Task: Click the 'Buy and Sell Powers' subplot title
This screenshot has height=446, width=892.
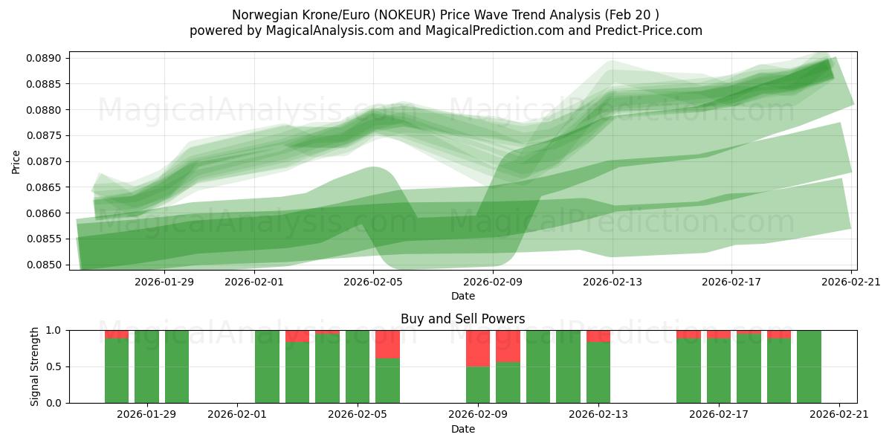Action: (x=462, y=319)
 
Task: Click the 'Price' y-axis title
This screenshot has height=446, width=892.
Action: (x=16, y=161)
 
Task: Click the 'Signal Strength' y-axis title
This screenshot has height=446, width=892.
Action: (x=35, y=366)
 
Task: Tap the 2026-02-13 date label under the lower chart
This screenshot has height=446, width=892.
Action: (x=598, y=414)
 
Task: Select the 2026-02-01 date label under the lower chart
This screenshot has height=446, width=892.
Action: (x=237, y=414)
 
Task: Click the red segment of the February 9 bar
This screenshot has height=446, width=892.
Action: (x=478, y=349)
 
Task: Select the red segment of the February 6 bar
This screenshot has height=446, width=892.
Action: (x=387, y=344)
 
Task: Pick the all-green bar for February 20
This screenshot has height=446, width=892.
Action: (x=809, y=366)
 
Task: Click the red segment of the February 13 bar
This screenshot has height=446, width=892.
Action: (x=598, y=336)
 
